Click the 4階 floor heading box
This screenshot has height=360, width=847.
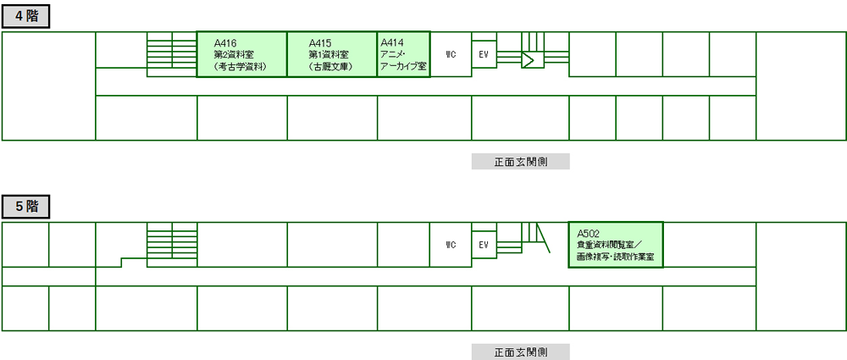(x=26, y=17)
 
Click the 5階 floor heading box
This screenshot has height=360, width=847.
(x=26, y=207)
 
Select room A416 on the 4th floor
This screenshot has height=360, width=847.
(x=241, y=54)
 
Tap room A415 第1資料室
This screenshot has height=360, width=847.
(x=332, y=54)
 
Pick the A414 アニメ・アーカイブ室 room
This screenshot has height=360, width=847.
(x=403, y=54)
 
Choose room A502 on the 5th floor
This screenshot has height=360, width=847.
(x=616, y=244)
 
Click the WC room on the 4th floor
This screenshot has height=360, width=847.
(x=451, y=54)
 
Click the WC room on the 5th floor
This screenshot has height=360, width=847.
(x=451, y=244)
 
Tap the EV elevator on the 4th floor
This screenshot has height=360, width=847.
(x=484, y=54)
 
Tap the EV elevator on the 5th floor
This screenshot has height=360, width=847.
(x=484, y=244)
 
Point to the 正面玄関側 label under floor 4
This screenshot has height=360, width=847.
(x=521, y=162)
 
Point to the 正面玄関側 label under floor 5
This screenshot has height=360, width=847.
(x=521, y=352)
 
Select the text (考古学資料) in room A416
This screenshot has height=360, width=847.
(x=241, y=67)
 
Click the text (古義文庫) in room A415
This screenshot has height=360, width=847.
(x=331, y=67)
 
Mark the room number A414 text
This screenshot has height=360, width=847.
(x=392, y=42)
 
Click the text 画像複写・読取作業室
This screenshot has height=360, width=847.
(x=616, y=258)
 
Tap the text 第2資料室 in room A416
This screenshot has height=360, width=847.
(x=234, y=54)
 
